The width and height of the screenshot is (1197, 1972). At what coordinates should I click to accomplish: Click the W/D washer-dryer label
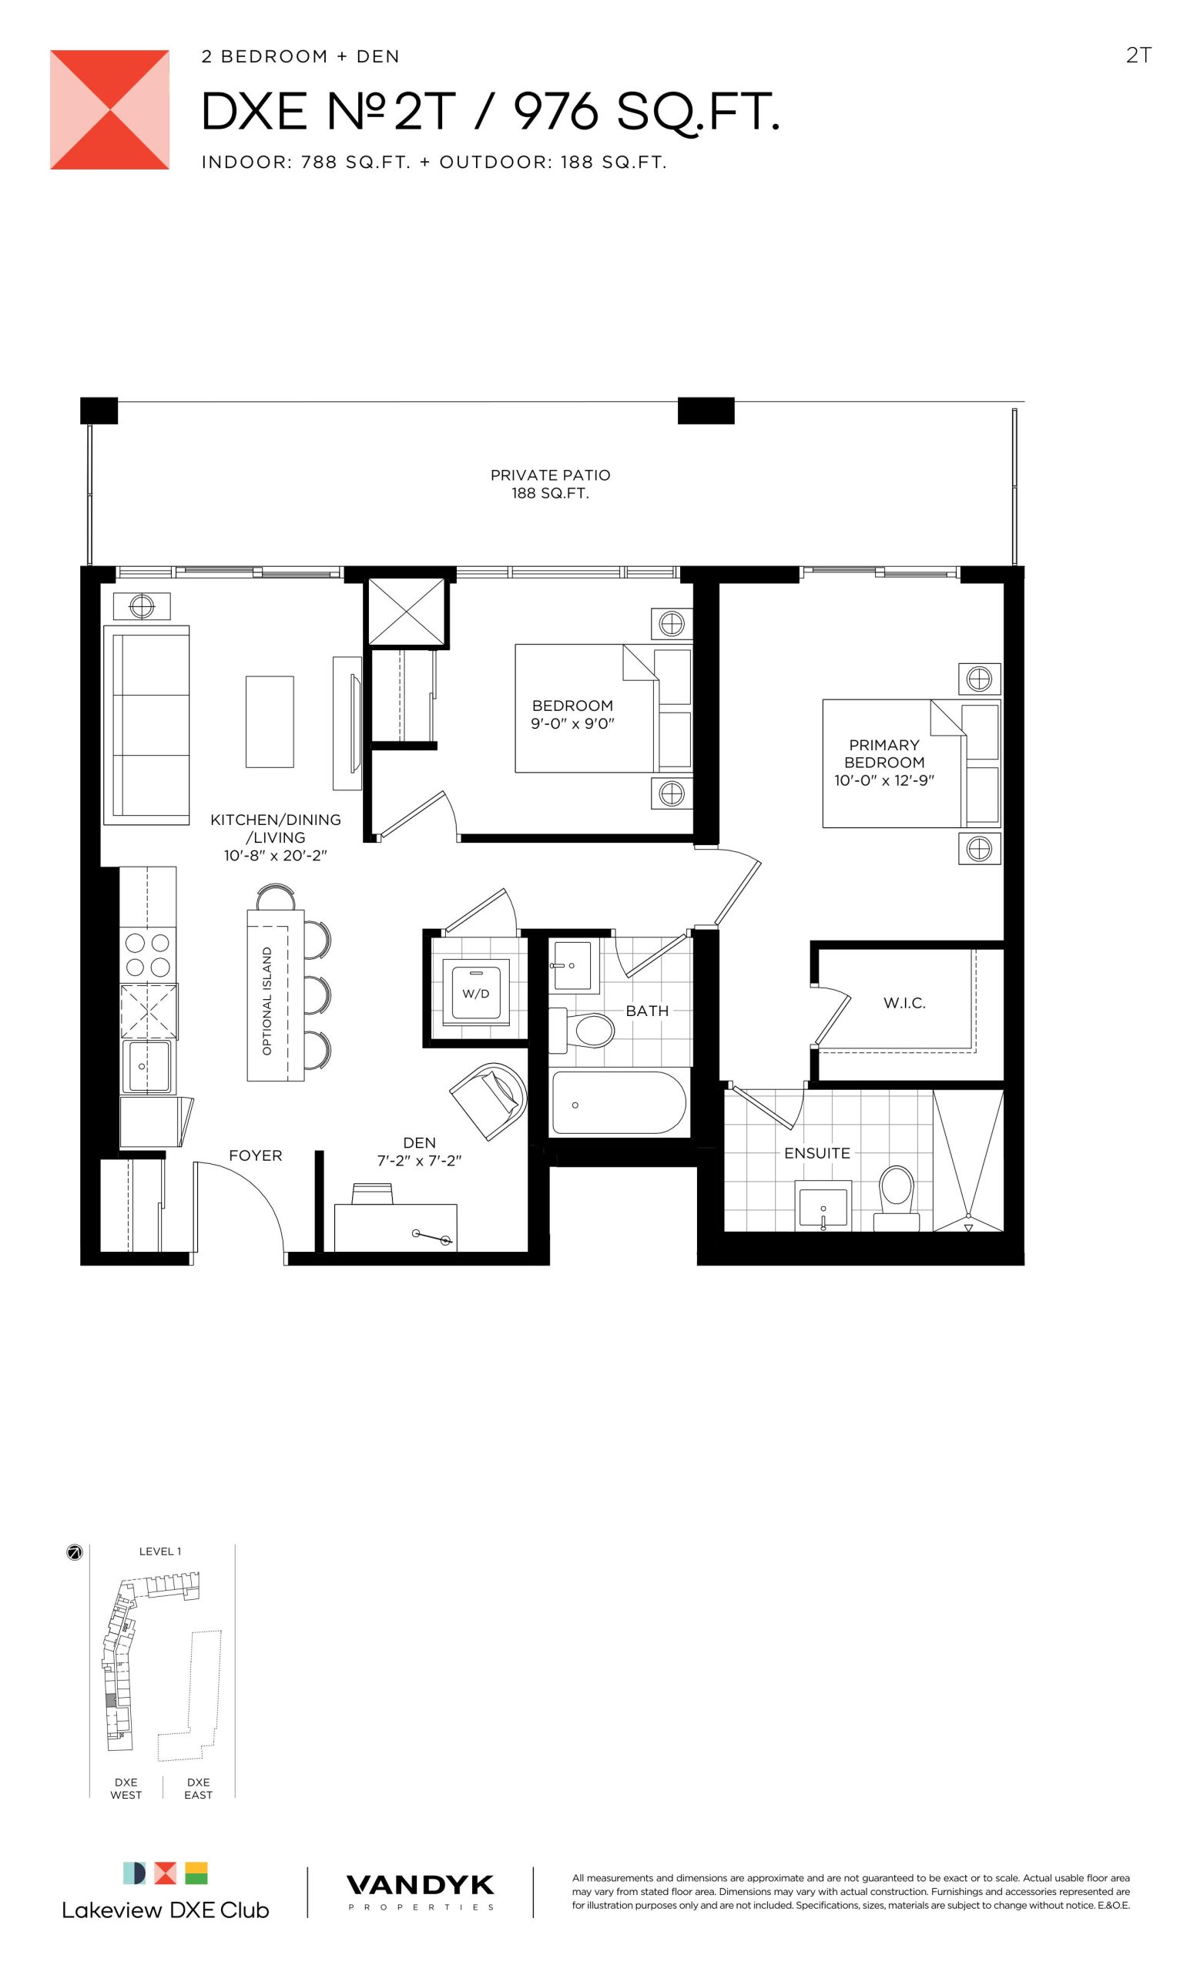tap(475, 994)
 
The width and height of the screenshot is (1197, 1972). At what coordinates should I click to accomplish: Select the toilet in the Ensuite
tap(895, 1197)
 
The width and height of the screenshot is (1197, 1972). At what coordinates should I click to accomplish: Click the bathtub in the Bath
tap(618, 1103)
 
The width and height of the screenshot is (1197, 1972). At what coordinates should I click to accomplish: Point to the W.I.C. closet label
tap(904, 1003)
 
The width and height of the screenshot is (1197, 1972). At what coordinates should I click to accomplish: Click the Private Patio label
tap(551, 485)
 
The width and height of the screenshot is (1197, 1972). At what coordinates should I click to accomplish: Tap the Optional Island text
tap(267, 1001)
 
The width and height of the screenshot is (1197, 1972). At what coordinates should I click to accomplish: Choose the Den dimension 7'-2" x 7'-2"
tap(419, 1160)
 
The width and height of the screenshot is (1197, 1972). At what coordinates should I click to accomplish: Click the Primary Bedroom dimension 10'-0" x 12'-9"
tap(884, 780)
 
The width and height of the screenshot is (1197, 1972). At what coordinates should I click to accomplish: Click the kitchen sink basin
tap(146, 1066)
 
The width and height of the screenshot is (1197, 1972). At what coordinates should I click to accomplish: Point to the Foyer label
tap(255, 1155)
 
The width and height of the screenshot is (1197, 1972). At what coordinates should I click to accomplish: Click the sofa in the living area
tap(146, 725)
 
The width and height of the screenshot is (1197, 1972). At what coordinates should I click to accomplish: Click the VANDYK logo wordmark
tap(420, 1886)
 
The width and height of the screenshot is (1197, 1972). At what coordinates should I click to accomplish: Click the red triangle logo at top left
tap(109, 109)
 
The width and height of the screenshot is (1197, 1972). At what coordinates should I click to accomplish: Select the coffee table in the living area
tap(270, 722)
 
